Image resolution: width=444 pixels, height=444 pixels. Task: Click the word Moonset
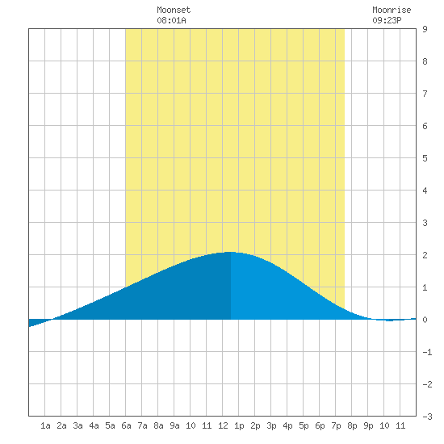pos(174,10)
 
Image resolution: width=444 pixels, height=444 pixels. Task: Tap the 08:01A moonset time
pos(171,20)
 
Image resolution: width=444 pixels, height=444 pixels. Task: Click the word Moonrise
pos(392,10)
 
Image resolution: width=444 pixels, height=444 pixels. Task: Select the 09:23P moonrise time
pos(387,20)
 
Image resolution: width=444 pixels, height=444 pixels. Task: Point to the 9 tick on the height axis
pos(425,29)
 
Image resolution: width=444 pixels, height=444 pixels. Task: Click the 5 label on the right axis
pos(425,158)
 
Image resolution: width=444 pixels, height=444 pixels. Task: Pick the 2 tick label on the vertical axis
pos(425,255)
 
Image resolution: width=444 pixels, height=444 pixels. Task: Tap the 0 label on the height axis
pos(425,320)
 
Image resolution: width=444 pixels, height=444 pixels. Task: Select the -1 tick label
pos(427,352)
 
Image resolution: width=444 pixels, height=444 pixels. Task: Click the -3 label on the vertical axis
pos(427,417)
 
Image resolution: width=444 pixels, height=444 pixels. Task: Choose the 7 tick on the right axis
pos(425,94)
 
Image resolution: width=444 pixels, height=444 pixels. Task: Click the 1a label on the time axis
pos(45,425)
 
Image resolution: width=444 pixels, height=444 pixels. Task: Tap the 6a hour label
pos(126,425)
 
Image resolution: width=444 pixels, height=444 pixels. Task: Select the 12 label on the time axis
pos(223,425)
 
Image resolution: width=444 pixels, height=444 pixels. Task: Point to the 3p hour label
pos(271,425)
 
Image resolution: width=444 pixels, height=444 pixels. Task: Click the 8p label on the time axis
pos(352,425)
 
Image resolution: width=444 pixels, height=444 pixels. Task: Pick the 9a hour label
pos(174,425)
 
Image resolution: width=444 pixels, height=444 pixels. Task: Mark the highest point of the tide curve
pos(230,252)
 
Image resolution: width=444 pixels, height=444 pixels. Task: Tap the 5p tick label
pos(304,425)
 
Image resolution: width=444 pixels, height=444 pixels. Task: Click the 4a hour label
pos(94,425)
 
